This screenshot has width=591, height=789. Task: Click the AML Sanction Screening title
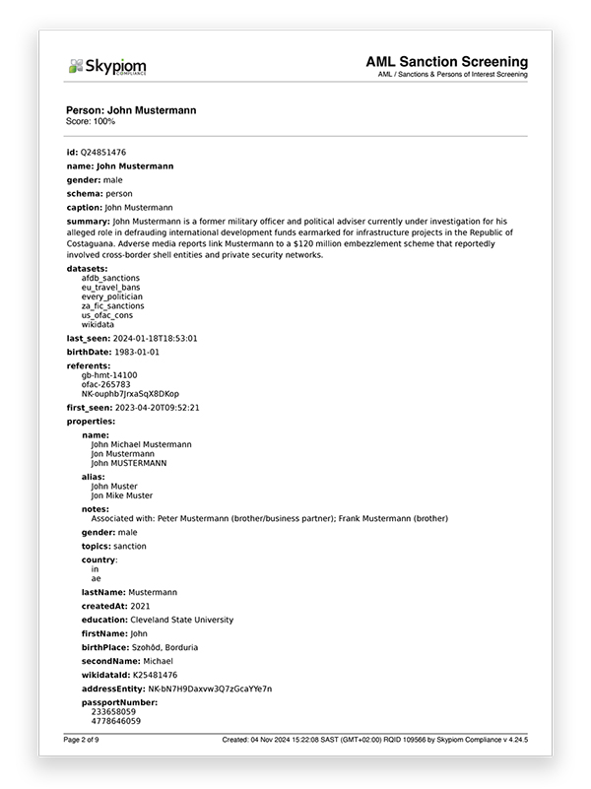(x=446, y=62)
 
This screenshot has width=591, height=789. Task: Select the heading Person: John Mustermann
(x=131, y=110)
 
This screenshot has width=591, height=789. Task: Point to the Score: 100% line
(x=91, y=121)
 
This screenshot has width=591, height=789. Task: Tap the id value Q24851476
(x=103, y=153)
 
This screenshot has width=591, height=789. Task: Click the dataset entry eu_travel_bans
(x=111, y=287)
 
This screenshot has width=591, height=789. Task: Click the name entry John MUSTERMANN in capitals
(x=129, y=462)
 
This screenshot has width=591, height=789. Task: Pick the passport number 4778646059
(x=115, y=721)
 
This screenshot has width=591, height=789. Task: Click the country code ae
(x=96, y=578)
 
